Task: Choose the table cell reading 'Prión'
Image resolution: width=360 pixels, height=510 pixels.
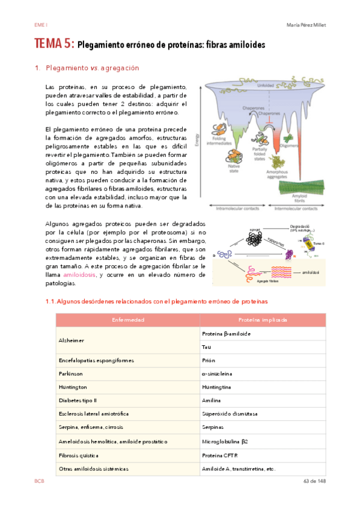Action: coord(209,360)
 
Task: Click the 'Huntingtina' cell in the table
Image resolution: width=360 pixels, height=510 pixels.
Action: coord(216,387)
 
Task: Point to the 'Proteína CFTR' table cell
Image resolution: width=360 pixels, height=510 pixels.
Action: coord(220,455)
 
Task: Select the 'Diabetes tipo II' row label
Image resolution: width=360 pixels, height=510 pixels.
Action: coord(79,401)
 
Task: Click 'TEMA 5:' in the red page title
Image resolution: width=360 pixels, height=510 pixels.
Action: coord(54,45)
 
